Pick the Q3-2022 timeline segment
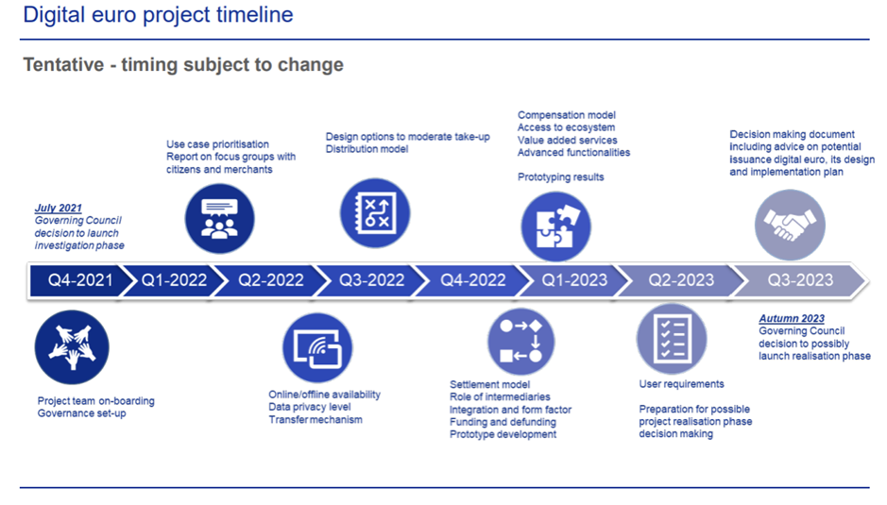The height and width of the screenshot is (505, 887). pyautogui.click(x=371, y=280)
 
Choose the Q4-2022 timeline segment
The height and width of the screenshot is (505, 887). pyautogui.click(x=472, y=280)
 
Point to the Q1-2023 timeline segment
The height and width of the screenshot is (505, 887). pyautogui.click(x=573, y=280)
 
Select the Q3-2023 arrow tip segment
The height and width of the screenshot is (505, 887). pyautogui.click(x=797, y=280)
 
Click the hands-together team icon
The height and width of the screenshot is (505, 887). pyautogui.click(x=72, y=347)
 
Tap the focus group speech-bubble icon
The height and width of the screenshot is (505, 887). pyautogui.click(x=219, y=218)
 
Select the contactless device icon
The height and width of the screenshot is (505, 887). pyautogui.click(x=317, y=347)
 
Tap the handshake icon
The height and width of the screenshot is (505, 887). pyautogui.click(x=790, y=224)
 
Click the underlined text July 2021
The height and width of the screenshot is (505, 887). pyautogui.click(x=58, y=208)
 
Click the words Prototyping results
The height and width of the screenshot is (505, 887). pyautogui.click(x=560, y=177)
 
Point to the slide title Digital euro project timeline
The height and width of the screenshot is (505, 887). pyautogui.click(x=158, y=15)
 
